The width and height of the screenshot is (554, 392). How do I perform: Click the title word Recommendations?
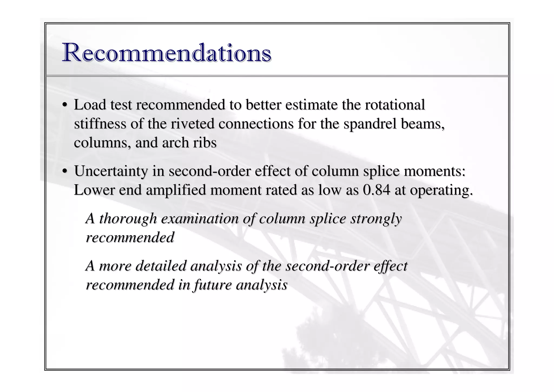(167, 53)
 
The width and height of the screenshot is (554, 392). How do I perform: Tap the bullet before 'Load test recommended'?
(64, 105)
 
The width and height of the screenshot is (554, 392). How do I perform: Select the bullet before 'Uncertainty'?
(64, 171)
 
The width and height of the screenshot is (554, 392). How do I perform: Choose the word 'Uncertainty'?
(111, 171)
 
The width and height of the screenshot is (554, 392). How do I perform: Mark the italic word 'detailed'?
(161, 266)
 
